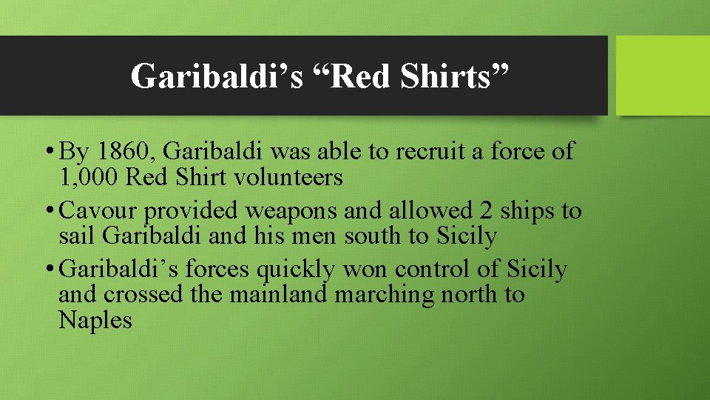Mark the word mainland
279,295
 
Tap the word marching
384,295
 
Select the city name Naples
95,321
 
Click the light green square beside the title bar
663,76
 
